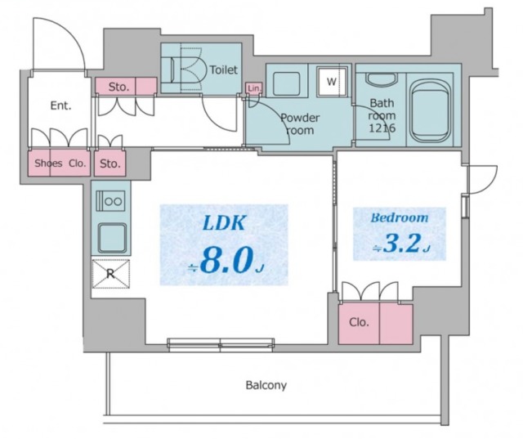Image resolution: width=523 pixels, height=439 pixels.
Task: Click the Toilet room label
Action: point(223,70)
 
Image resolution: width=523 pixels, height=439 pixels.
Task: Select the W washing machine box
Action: point(332,81)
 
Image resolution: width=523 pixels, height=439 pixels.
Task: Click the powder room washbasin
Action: point(286,83)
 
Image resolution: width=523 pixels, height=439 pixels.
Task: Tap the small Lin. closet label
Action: point(253,87)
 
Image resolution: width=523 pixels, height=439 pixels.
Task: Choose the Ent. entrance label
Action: point(60,105)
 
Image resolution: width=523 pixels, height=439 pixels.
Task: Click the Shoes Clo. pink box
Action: point(60,164)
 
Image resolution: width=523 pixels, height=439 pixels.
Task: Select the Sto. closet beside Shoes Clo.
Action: point(110,164)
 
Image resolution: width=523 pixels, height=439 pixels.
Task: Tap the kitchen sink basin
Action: point(110,238)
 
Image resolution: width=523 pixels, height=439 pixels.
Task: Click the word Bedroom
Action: point(400,217)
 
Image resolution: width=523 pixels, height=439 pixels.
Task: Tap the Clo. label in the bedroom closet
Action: point(360,322)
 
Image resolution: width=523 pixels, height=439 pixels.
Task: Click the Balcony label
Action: point(266,384)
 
